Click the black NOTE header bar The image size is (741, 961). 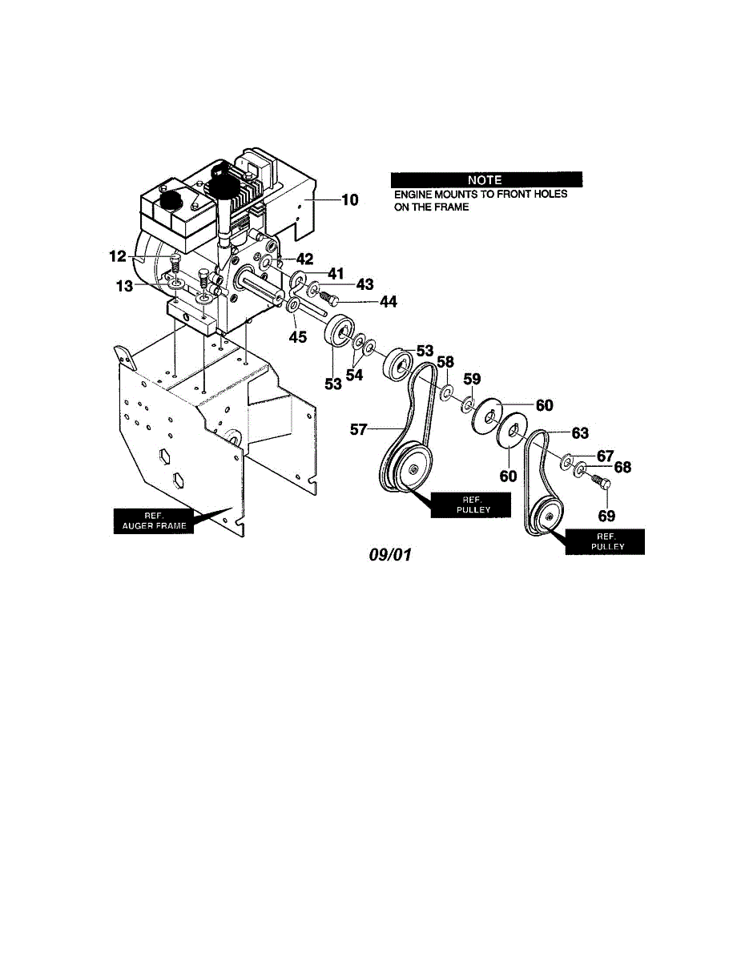[486, 179]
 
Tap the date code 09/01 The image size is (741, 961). [389, 554]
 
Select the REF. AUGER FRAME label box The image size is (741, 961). [153, 521]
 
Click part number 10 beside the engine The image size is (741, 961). [349, 200]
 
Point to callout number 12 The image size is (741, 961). [119, 257]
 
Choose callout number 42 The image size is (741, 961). [304, 259]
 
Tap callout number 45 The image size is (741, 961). [297, 337]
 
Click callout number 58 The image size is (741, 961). [445, 362]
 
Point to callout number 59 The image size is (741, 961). [473, 378]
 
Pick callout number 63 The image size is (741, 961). [580, 433]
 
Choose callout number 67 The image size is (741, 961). [604, 456]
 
